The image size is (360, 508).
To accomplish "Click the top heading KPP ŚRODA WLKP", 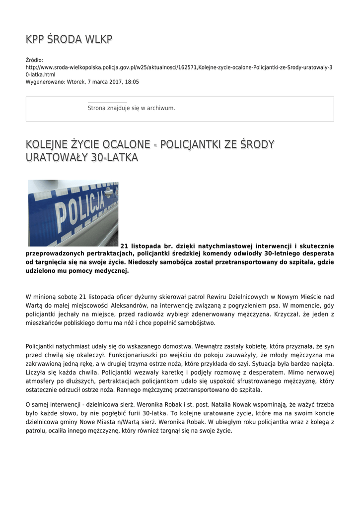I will [69, 40].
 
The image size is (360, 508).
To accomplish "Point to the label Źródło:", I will [35, 60].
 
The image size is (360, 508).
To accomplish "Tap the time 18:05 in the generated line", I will [132, 82].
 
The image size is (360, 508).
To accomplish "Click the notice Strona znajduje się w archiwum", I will [131, 108].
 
